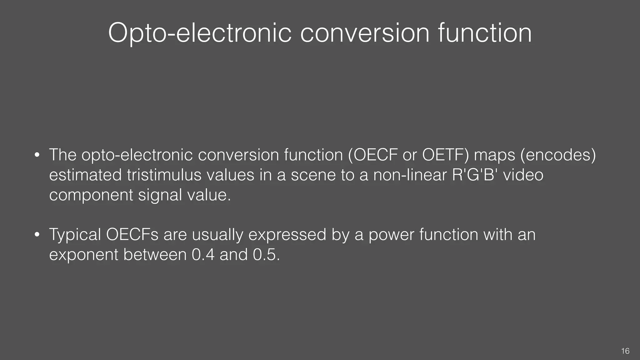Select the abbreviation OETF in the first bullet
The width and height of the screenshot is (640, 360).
pyautogui.click(x=445, y=155)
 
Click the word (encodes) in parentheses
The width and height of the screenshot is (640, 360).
pyautogui.click(x=558, y=155)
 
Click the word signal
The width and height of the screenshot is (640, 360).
pyautogui.click(x=160, y=195)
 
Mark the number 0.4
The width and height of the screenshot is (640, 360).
pyautogui.click(x=203, y=255)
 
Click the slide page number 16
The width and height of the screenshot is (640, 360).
pyautogui.click(x=625, y=351)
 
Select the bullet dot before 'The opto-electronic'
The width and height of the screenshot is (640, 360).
pyautogui.click(x=37, y=155)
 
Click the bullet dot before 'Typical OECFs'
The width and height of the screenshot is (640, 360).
pyautogui.click(x=37, y=235)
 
